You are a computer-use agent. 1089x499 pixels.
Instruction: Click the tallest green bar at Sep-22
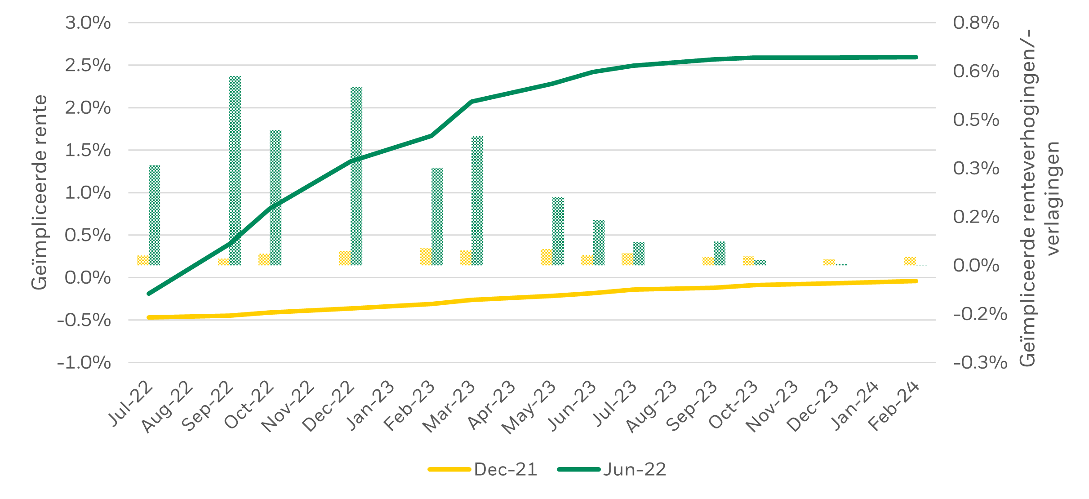[x=235, y=171]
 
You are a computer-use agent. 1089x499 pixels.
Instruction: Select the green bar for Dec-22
[x=356, y=175]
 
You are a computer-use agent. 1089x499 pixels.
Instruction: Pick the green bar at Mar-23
[x=477, y=200]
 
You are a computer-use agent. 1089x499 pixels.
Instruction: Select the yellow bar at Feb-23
[x=425, y=257]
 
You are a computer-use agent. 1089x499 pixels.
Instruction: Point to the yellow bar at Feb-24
[x=910, y=261]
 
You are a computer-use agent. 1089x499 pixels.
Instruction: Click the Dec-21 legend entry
[x=483, y=469]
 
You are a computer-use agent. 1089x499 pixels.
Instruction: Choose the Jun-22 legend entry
[x=612, y=469]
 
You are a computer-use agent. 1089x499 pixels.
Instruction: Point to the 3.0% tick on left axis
[x=88, y=23]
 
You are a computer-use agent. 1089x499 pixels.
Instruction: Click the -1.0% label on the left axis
[x=84, y=362]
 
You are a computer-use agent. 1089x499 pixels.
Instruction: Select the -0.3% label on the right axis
[x=980, y=362]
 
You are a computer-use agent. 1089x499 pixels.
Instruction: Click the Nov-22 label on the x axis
[x=289, y=407]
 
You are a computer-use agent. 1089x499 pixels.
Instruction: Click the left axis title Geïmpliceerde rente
[x=40, y=192]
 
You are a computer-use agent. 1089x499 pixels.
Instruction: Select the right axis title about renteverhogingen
[x=1038, y=198]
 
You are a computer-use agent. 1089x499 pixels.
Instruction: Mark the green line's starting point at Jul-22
[x=149, y=294]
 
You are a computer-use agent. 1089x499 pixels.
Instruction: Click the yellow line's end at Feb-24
[x=916, y=281]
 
